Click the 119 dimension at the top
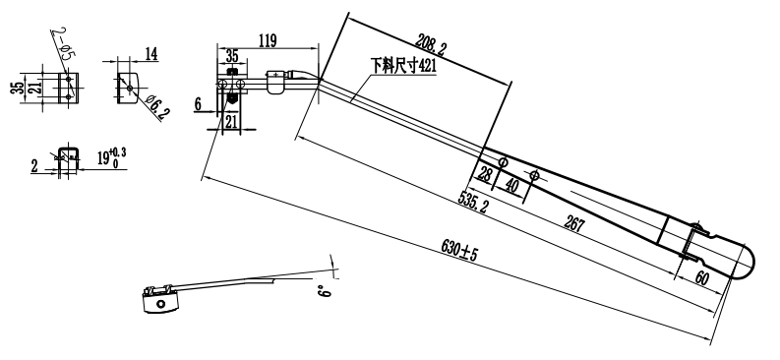(266, 40)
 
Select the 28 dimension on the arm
(483, 174)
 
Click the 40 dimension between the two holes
(511, 182)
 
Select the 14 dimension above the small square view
(151, 55)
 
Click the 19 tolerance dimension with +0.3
(111, 157)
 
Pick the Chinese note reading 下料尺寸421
(402, 65)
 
